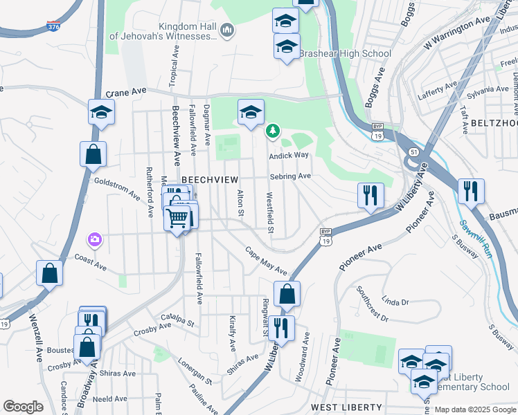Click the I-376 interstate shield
click(x=53, y=26)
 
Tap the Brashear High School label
click(x=346, y=53)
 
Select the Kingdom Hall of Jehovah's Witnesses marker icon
click(x=227, y=30)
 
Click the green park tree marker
click(x=274, y=130)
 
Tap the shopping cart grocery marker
click(x=178, y=219)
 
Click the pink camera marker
click(x=95, y=240)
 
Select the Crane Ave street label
click(x=126, y=91)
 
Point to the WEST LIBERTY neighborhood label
click(x=346, y=406)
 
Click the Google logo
click(x=23, y=407)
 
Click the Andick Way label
click(x=289, y=156)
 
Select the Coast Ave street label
click(x=90, y=264)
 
